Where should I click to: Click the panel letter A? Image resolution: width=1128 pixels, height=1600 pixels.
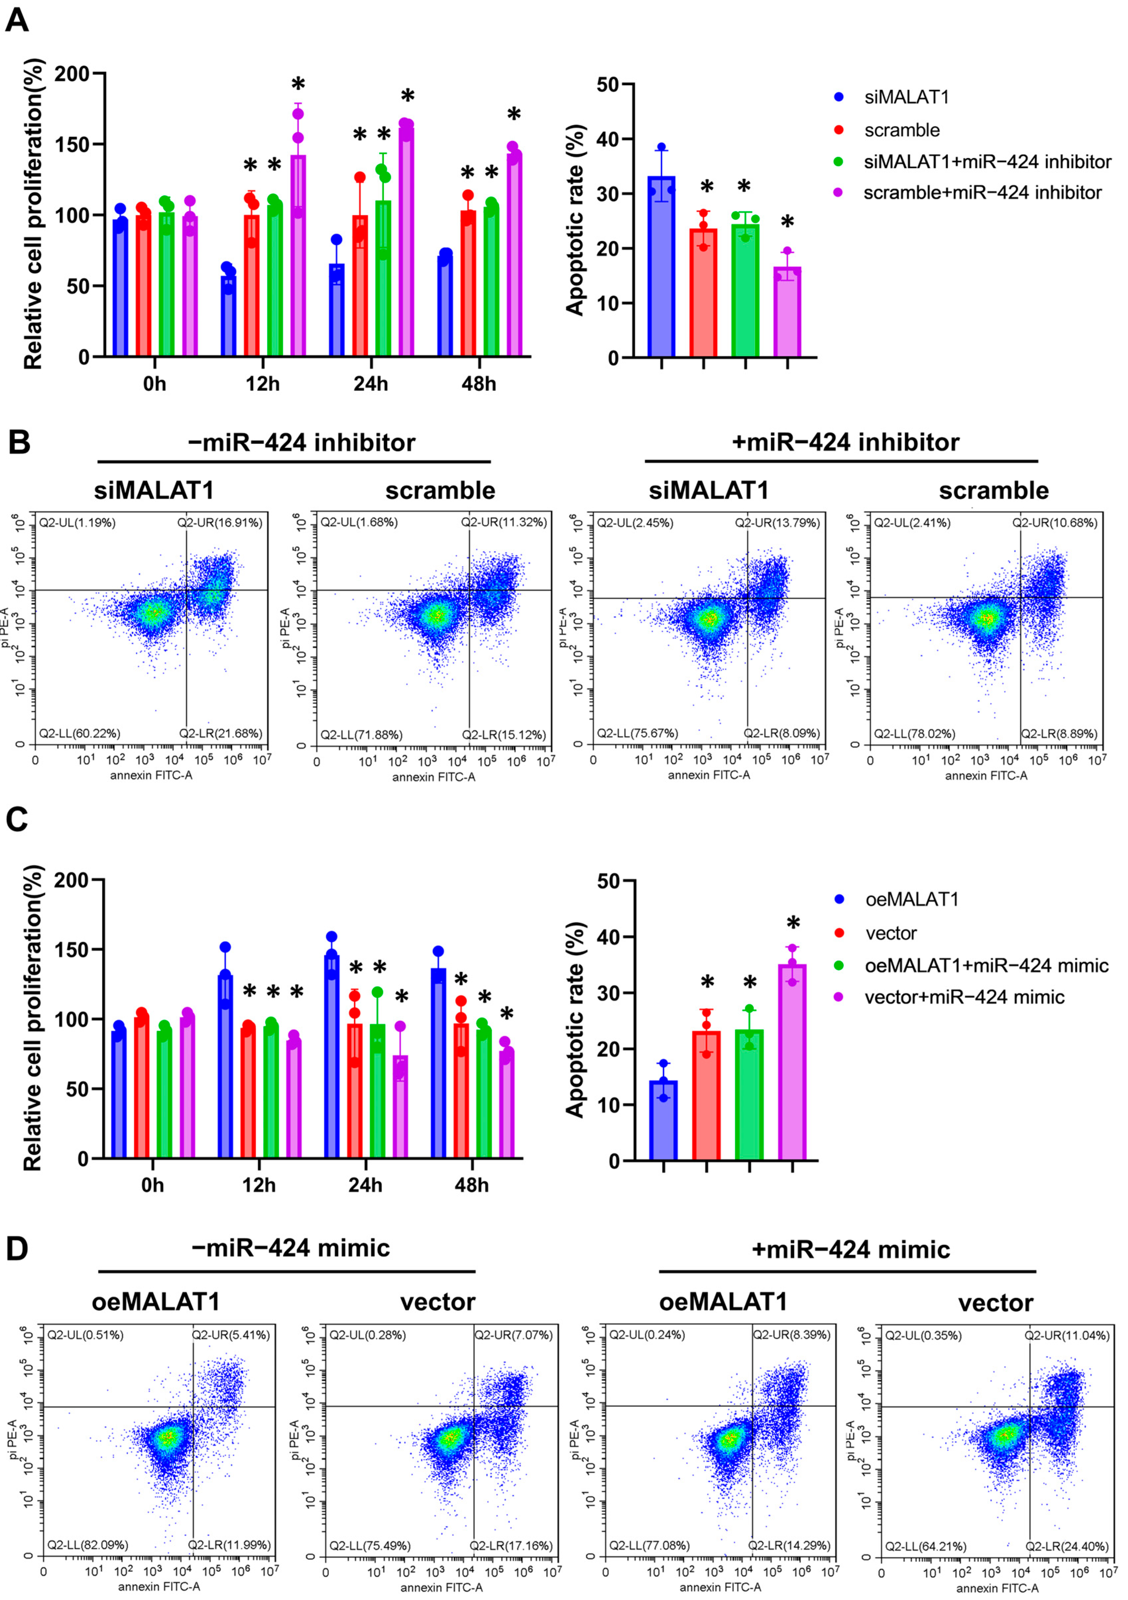(x=17, y=20)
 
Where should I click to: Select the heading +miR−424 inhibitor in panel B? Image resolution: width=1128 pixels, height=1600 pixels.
(x=845, y=442)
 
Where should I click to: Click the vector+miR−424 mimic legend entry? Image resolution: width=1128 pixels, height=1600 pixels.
(x=964, y=997)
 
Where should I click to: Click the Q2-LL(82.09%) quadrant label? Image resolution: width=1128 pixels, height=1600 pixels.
(x=88, y=1545)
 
